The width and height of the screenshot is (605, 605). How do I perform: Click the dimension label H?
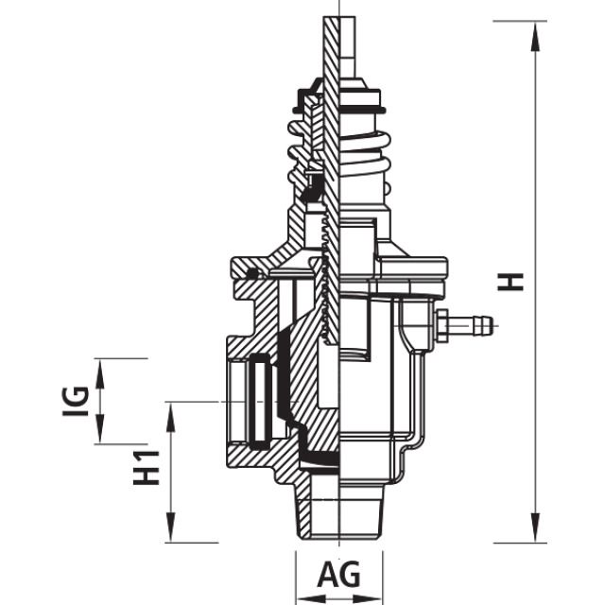click(x=511, y=281)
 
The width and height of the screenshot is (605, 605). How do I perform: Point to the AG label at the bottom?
click(x=338, y=575)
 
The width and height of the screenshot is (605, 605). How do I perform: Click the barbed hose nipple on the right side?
click(x=470, y=327)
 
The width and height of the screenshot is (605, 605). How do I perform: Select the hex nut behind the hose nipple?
click(x=440, y=327)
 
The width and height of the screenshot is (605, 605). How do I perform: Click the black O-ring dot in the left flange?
click(x=251, y=274)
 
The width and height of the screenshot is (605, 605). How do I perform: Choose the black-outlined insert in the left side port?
click(x=258, y=401)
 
